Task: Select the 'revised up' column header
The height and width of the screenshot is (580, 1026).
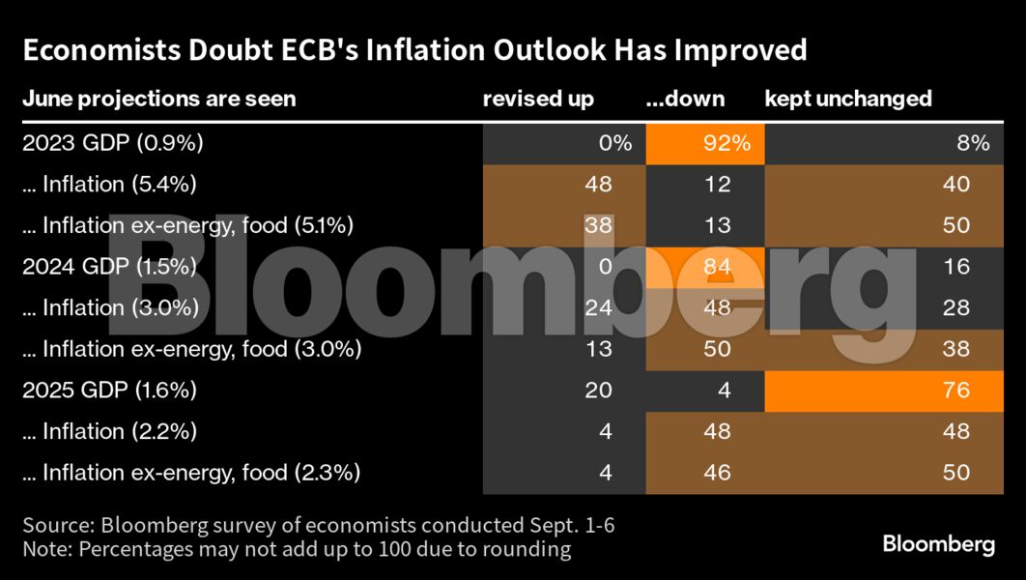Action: point(538,99)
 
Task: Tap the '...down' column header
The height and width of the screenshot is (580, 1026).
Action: point(685,99)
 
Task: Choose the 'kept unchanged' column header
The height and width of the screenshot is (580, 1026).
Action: point(848,99)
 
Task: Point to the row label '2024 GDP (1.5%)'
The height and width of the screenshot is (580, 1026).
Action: point(110,267)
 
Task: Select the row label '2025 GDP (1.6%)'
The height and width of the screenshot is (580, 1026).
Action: point(110,391)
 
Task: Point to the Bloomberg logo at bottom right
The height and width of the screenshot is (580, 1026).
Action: point(938,543)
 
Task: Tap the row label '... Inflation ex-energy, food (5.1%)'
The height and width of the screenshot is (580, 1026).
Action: point(187,226)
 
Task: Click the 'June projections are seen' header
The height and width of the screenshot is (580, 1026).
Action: point(158,99)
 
